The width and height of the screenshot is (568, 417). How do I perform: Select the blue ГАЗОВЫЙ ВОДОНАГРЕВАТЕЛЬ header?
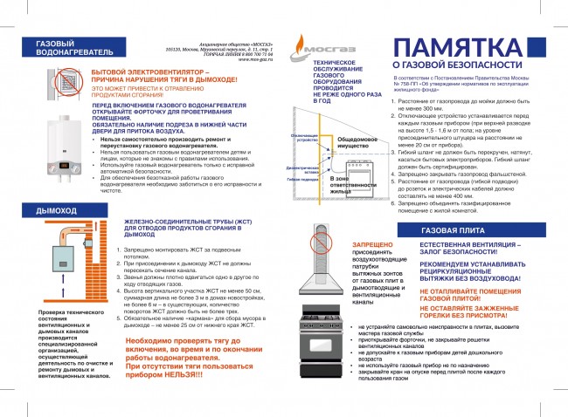63,47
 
